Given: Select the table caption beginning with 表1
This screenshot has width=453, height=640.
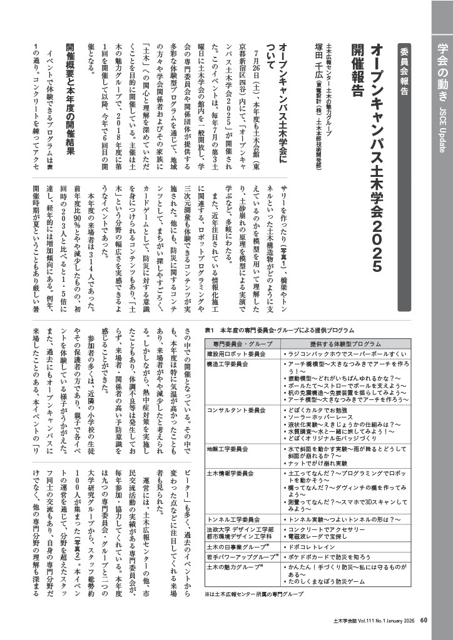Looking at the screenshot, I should click(x=279, y=330).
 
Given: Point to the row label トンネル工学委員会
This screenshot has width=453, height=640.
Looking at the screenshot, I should click(x=232, y=519).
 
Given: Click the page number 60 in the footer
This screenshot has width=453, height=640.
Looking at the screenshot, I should click(x=424, y=621).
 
